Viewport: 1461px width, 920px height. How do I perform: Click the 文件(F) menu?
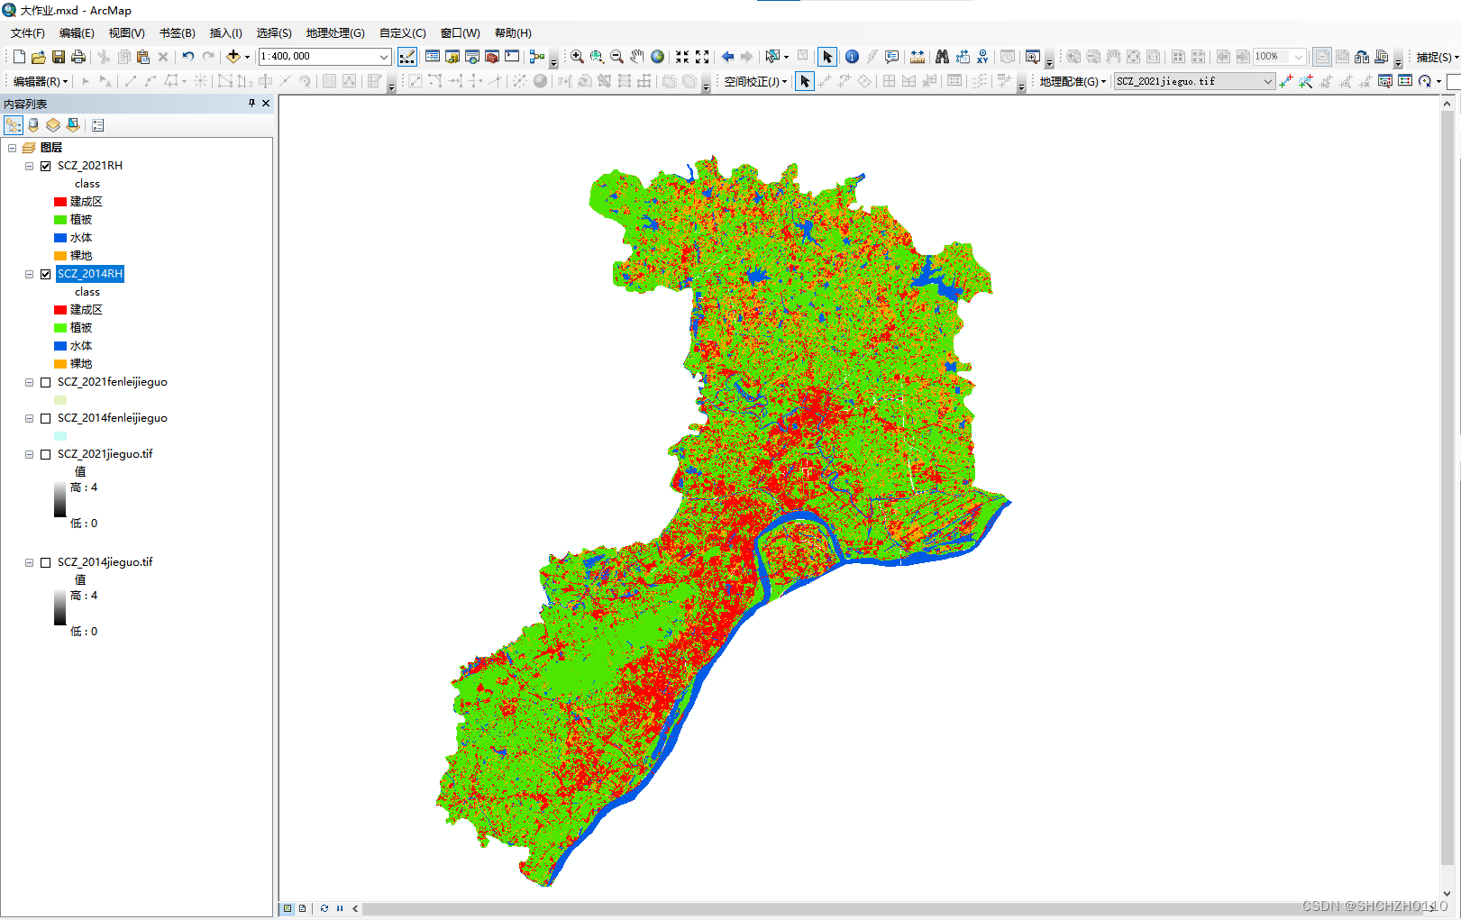27,33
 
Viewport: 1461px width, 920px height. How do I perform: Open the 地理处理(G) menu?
334,33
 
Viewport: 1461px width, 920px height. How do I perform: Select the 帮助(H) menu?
513,33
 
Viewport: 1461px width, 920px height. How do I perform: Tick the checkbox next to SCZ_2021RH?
46,166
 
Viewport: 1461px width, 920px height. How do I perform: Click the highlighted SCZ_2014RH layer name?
90,274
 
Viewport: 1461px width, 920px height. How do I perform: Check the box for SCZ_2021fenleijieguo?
46,382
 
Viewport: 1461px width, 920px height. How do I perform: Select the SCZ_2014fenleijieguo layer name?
112,418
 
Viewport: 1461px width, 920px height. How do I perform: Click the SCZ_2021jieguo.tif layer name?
105,454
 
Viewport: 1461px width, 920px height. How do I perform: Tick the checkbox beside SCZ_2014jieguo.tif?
46,562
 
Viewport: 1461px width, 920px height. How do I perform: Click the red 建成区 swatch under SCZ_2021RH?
60,202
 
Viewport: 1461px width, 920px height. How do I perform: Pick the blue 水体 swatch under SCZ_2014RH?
60,346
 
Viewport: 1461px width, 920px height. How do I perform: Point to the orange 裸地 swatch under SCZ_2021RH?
60,256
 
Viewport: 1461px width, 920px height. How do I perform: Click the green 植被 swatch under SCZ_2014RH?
60,328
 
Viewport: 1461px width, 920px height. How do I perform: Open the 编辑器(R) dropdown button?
41,81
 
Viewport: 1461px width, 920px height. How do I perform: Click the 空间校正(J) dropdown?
755,81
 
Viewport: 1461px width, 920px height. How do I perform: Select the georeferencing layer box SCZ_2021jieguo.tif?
1192,81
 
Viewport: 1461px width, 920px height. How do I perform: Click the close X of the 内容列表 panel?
266,104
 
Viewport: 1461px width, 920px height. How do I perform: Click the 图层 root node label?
51,148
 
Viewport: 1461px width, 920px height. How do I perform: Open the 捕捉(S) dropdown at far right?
1436,57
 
